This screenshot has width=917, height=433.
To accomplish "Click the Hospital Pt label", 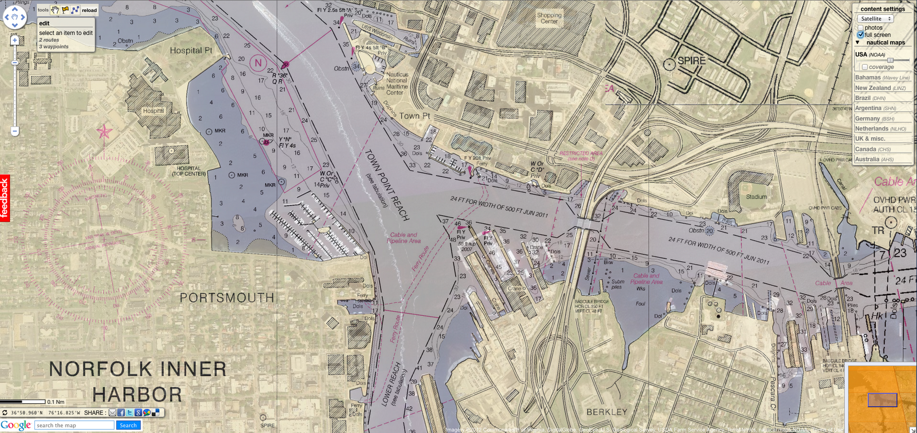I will (x=191, y=50).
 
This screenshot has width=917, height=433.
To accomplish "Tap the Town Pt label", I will (x=414, y=116).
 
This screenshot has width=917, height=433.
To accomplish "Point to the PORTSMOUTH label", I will (x=227, y=298).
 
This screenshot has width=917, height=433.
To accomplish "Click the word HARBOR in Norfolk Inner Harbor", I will (x=138, y=395).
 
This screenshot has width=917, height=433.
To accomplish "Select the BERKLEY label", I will (x=607, y=412).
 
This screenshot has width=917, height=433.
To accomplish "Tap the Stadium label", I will (x=756, y=196).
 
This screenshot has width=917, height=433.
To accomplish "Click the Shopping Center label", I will (x=549, y=18).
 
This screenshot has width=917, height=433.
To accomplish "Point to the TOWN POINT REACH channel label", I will (x=387, y=184).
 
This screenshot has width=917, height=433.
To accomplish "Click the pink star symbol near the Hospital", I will (x=104, y=132).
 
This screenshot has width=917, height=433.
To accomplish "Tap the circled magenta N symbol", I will (x=258, y=63).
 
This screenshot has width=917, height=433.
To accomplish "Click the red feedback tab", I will (x=5, y=198).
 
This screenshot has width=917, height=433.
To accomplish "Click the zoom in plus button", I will (x=15, y=40).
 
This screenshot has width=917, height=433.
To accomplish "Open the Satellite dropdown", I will (x=875, y=19).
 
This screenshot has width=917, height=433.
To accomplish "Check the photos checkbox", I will (x=860, y=27).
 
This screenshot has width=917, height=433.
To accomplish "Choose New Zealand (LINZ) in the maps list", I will (x=881, y=88).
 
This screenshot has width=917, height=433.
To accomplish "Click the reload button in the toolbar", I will (x=89, y=10).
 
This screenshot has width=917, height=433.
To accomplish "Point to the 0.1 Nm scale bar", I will (x=23, y=401).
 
